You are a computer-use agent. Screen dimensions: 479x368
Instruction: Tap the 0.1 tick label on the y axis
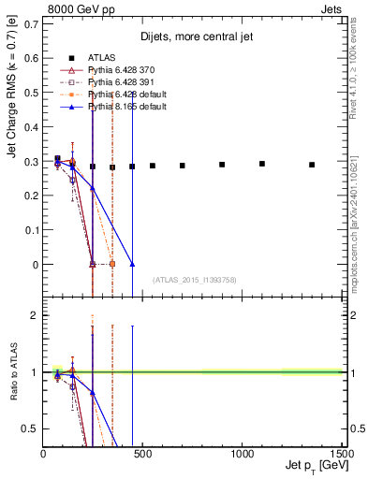click(31, 230)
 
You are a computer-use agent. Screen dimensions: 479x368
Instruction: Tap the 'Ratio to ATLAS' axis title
click(10, 372)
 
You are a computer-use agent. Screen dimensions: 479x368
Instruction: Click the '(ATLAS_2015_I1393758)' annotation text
click(194, 280)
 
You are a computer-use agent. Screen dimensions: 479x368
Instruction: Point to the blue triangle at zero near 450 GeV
click(132, 265)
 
